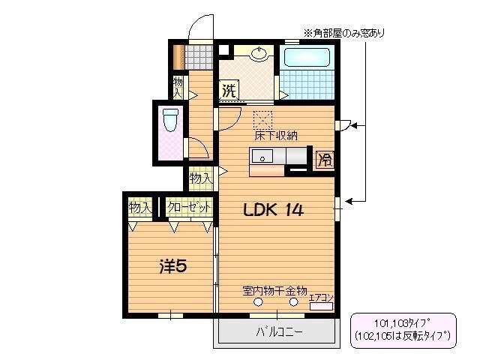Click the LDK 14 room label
pos(272,211)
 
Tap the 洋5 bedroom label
pos(172,266)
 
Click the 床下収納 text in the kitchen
pos(276,136)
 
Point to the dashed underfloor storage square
pos(263,120)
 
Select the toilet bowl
pos(170,121)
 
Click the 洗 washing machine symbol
pos(228,92)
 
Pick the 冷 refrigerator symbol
pos(325,159)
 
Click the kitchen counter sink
pos(263,156)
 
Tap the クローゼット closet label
pos(188,207)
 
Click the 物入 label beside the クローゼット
pos(140,207)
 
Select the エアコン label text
pos(321,298)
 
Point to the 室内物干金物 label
pos(274,289)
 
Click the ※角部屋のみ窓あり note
pos(344,32)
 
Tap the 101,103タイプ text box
pos(403,330)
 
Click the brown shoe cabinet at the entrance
pos(178,57)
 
